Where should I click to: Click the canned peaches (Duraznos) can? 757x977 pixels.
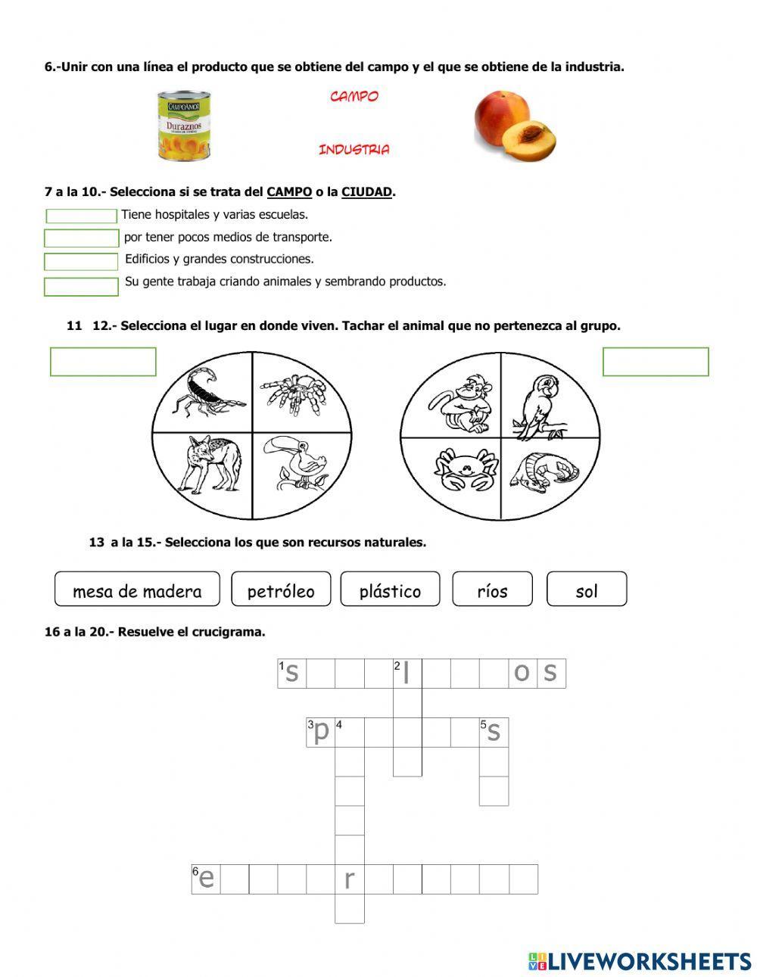[184, 125]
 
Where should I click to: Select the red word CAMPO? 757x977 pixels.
[354, 97]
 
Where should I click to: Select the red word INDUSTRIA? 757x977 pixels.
[354, 150]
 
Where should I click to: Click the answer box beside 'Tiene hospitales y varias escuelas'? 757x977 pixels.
[82, 216]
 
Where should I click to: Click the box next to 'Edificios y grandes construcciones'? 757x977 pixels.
[82, 262]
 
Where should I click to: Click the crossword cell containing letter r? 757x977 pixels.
[350, 879]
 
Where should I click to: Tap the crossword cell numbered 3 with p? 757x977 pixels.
[320, 733]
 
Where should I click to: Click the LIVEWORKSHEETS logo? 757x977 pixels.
[640, 961]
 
